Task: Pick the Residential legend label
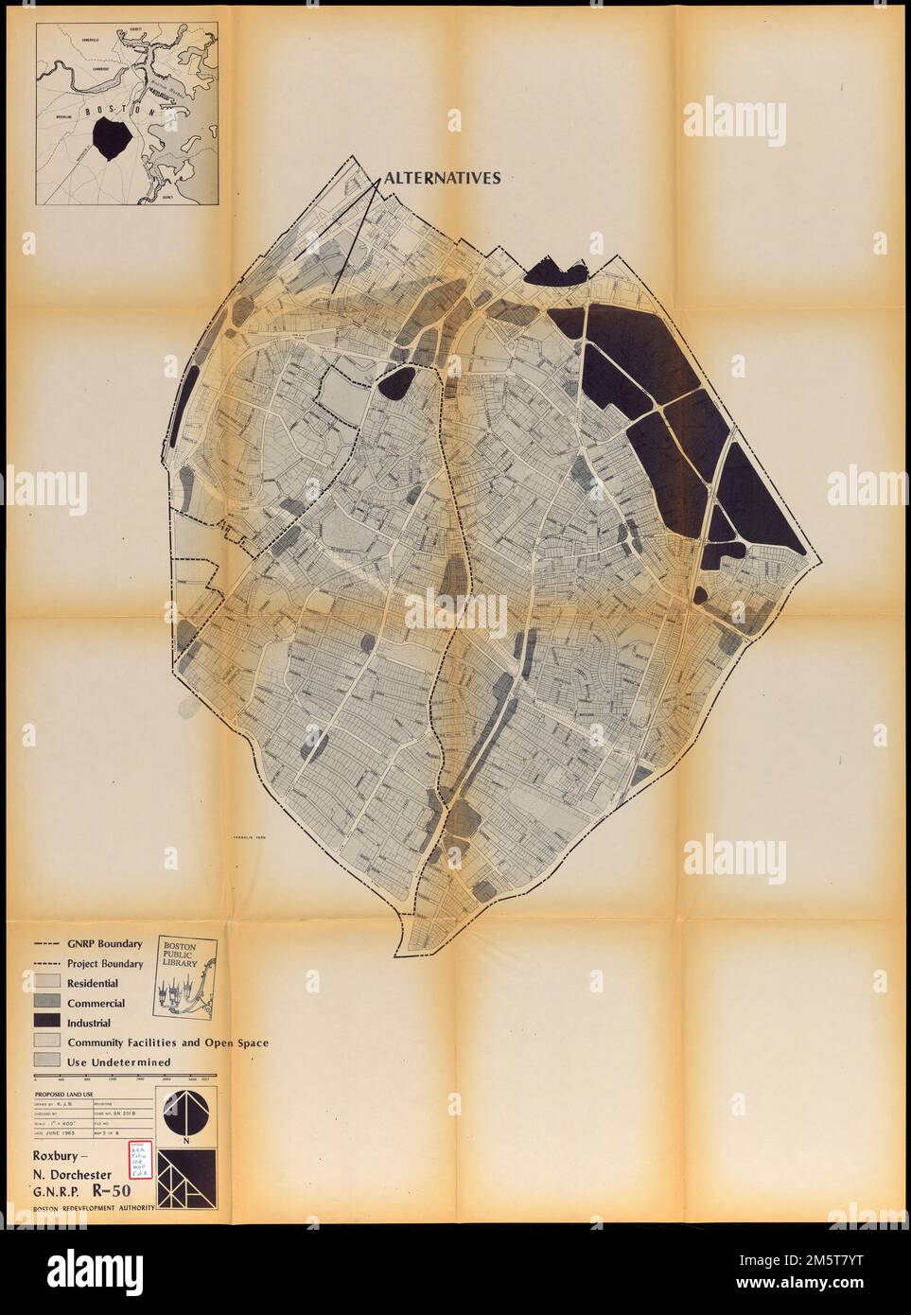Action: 93,984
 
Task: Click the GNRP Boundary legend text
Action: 104,943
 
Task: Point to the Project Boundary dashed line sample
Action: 47,964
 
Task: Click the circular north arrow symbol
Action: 184,1112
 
